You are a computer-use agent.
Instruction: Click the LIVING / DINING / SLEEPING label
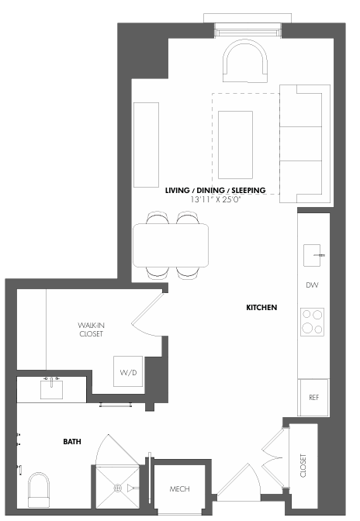point(216,190)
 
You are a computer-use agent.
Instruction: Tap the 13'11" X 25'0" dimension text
point(216,199)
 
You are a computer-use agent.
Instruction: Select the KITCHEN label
point(261,308)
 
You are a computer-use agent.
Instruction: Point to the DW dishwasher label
point(313,285)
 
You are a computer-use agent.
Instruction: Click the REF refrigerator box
point(313,397)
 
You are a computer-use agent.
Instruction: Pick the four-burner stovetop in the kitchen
point(312,321)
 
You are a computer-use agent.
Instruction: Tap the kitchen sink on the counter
point(313,254)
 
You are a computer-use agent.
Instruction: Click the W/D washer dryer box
point(128,374)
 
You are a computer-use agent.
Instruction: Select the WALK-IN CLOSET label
point(90,329)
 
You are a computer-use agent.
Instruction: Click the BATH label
point(73,442)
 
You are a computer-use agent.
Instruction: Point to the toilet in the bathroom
point(40,491)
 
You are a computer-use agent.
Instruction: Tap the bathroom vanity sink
point(52,388)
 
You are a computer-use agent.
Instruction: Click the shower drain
point(119,488)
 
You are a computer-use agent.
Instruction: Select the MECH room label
point(180,489)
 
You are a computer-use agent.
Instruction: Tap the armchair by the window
point(246,63)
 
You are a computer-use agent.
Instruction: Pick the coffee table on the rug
point(235,144)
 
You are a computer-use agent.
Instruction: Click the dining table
point(171,244)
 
